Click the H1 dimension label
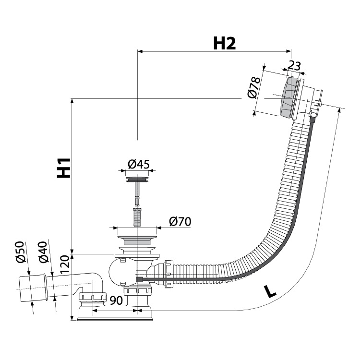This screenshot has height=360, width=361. coord(63,168)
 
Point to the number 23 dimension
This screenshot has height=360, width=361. coord(295,66)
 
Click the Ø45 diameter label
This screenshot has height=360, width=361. coord(139,165)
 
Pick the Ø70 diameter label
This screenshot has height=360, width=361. coord(180,221)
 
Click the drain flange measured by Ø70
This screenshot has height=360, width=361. coord(138,236)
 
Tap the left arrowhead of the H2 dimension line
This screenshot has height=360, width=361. coord(140,50)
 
